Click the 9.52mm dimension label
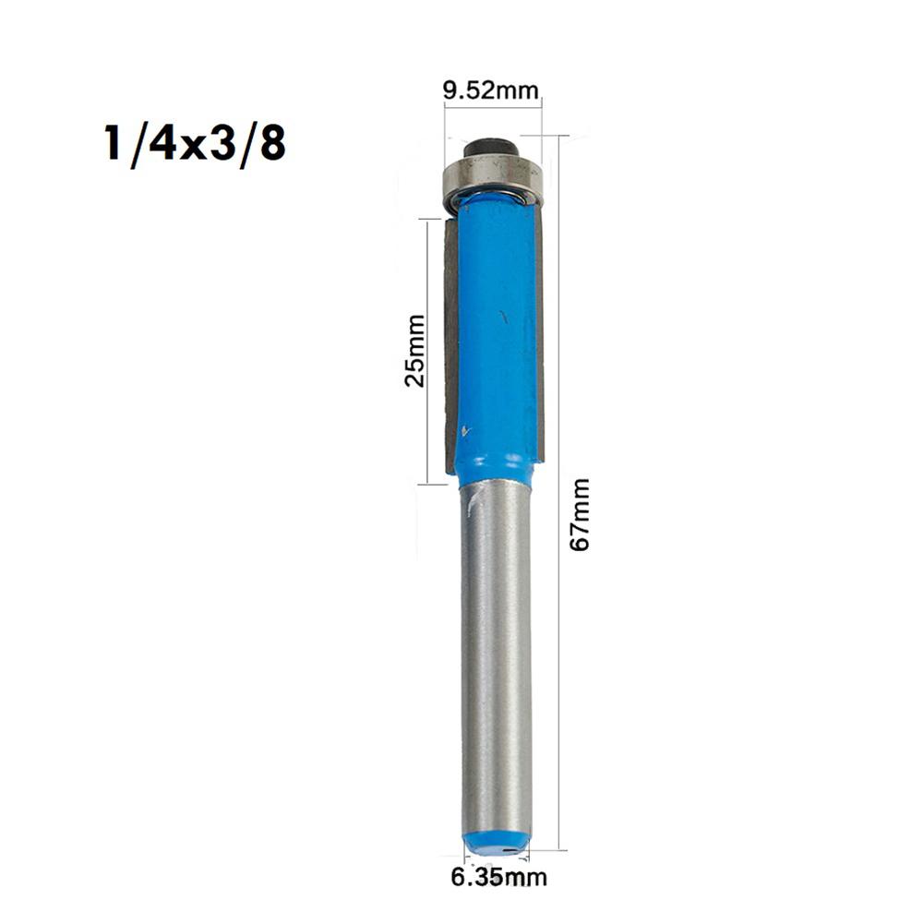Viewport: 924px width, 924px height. [490, 90]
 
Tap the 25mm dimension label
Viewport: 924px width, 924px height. [415, 351]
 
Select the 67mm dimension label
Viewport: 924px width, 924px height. [579, 514]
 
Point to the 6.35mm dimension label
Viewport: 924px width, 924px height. [498, 877]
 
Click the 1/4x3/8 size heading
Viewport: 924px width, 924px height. [194, 145]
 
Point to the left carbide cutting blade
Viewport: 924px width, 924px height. [450, 342]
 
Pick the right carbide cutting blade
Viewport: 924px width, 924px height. [539, 342]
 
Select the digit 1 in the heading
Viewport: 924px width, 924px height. [113, 145]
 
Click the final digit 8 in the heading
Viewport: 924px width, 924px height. [270, 145]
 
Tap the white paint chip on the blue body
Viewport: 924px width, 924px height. [465, 430]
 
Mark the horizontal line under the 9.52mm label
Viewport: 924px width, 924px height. [492, 108]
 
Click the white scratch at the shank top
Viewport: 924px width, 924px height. [473, 503]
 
